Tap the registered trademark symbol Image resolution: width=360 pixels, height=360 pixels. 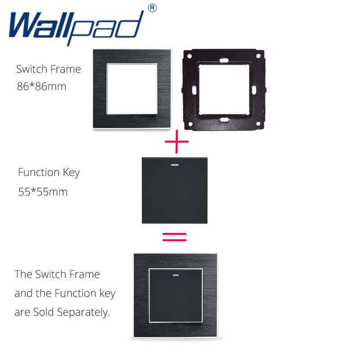click(153, 8)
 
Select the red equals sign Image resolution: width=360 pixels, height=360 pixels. click(174, 237)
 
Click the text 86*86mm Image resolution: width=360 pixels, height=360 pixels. click(41, 86)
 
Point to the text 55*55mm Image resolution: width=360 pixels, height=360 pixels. click(43, 192)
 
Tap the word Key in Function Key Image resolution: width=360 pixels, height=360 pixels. click(71, 172)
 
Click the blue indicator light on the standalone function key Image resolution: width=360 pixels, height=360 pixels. click(175, 164)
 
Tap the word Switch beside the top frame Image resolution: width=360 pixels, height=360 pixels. click(31, 69)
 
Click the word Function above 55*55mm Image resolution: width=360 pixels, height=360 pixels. click(39, 172)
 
